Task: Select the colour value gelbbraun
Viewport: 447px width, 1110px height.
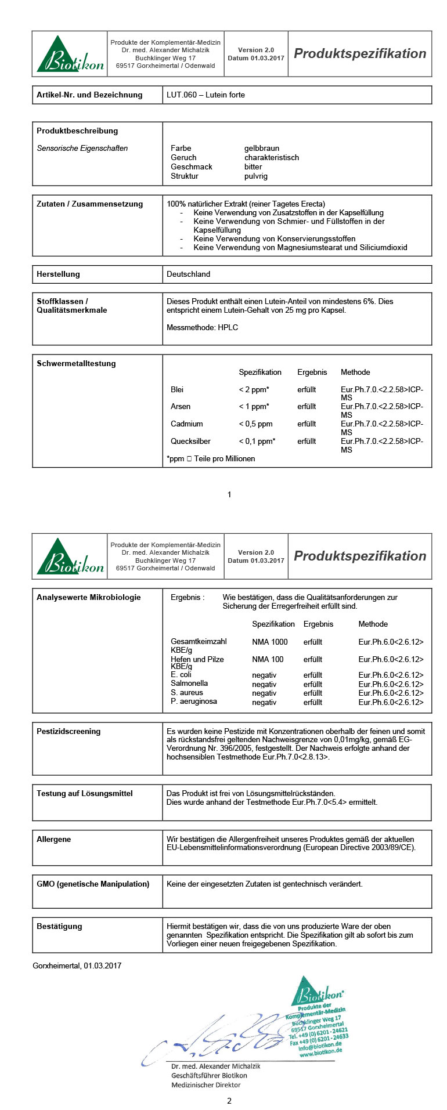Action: pyautogui.click(x=262, y=148)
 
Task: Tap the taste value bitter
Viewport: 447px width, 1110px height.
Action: pyautogui.click(x=253, y=167)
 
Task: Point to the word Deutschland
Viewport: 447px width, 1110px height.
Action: pyautogui.click(x=188, y=274)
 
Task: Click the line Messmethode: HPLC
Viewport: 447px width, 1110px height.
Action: pyautogui.click(x=202, y=327)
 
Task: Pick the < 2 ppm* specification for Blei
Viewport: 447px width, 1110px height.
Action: pyautogui.click(x=254, y=389)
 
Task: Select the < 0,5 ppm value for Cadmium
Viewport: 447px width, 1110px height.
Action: pyautogui.click(x=255, y=424)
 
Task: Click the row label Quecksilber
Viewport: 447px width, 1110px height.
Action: pyautogui.click(x=190, y=441)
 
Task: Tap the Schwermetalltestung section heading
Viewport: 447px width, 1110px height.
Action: pyautogui.click(x=76, y=363)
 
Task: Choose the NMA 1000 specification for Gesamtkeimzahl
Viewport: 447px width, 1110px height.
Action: pyautogui.click(x=269, y=642)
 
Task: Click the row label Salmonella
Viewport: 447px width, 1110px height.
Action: pyautogui.click(x=189, y=684)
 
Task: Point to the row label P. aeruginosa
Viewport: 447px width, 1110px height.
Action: pyautogui.click(x=194, y=702)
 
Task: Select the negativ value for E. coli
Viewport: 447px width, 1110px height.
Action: pyautogui.click(x=264, y=675)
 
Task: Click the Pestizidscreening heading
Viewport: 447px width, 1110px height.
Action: pyautogui.click(x=69, y=731)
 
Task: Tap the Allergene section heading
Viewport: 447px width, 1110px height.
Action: pyautogui.click(x=54, y=839)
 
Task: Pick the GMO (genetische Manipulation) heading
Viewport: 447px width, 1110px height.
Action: pyautogui.click(x=93, y=884)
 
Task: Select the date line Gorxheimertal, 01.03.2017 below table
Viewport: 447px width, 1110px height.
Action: pyautogui.click(x=77, y=966)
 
